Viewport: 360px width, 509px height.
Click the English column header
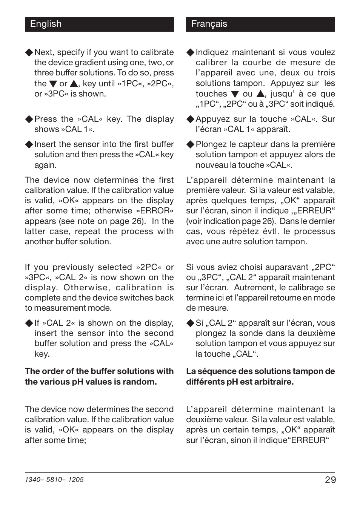[x=46, y=24]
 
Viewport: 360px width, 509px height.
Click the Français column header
[x=209, y=24]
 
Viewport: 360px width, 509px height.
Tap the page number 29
[x=330, y=480]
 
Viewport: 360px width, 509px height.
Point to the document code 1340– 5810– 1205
[x=54, y=480]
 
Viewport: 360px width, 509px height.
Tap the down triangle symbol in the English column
[x=53, y=84]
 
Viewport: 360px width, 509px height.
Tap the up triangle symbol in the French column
[x=260, y=94]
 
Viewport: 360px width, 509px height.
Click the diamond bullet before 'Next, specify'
[x=29, y=52]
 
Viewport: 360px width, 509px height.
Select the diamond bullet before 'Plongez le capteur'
[x=190, y=144]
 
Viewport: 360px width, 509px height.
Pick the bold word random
[x=141, y=382]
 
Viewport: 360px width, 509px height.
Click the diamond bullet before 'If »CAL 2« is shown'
[x=29, y=323]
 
